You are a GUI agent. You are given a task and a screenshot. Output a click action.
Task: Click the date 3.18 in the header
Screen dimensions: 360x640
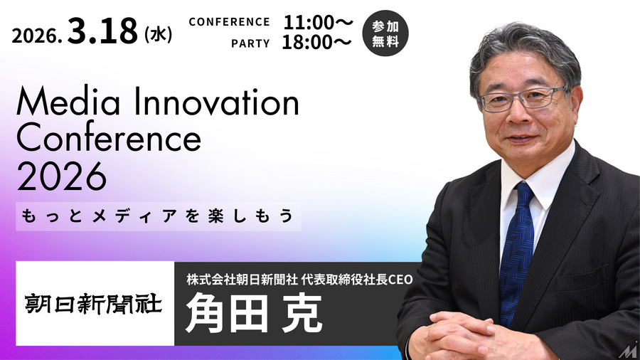104,33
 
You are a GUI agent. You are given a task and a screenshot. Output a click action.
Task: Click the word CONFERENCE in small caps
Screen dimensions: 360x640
229,22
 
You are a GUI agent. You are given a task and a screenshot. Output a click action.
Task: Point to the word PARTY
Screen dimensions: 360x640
250,43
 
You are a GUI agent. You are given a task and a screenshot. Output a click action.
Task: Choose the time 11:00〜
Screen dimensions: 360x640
317,22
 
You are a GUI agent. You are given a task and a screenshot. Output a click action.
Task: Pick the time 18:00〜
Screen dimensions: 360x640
317,43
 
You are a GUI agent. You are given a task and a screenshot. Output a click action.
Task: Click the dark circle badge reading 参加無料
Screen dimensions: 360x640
385,33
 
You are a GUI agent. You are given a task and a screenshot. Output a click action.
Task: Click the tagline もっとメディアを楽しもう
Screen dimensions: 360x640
159,216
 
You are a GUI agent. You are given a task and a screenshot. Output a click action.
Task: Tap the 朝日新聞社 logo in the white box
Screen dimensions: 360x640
95,304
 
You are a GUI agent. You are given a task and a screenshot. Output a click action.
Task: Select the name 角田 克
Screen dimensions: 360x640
252,313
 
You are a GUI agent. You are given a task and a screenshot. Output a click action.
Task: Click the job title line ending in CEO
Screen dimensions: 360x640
299,277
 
